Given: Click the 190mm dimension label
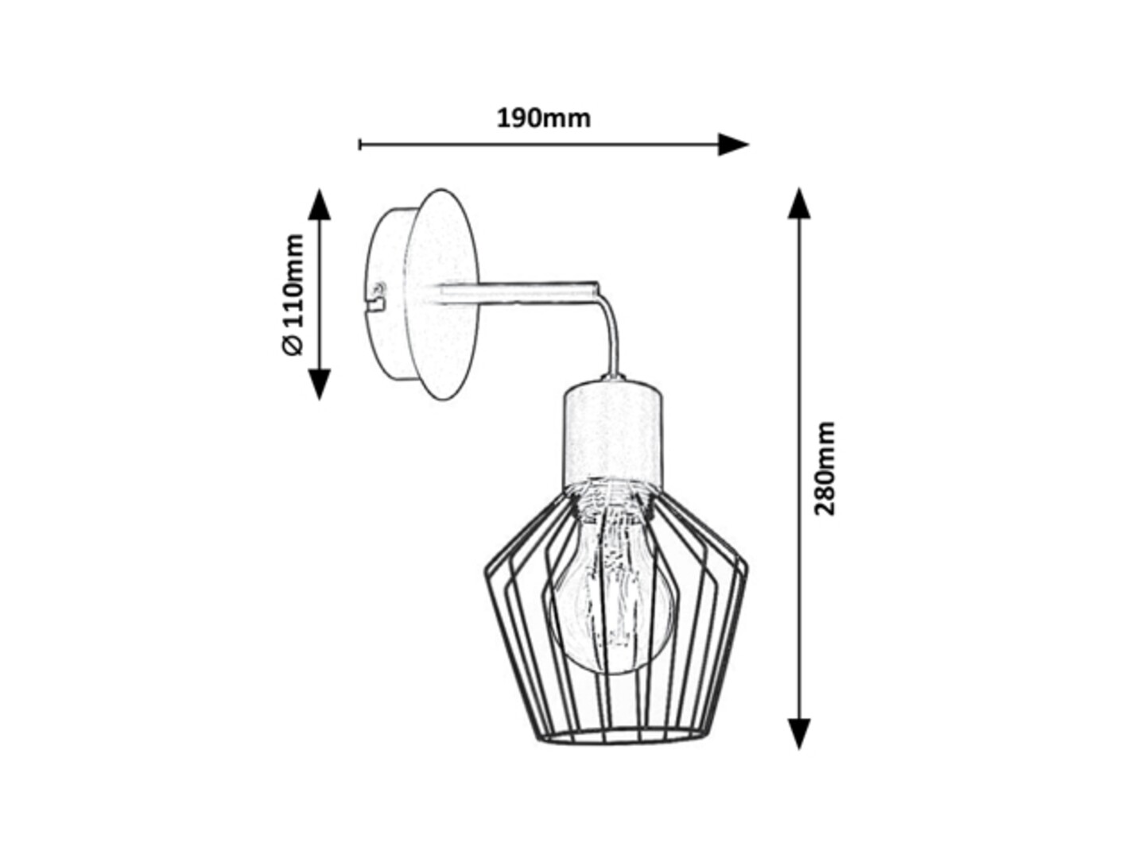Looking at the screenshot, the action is click(x=543, y=119).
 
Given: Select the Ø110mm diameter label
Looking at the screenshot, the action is click(x=293, y=295).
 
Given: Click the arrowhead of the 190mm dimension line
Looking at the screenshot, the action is click(x=733, y=145).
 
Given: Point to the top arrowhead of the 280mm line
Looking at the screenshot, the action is click(x=798, y=203).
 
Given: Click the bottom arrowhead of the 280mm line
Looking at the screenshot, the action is click(x=798, y=734).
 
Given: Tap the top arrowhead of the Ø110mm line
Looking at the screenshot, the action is click(x=319, y=205).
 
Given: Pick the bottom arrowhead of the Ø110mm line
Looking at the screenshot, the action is click(x=319, y=384).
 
